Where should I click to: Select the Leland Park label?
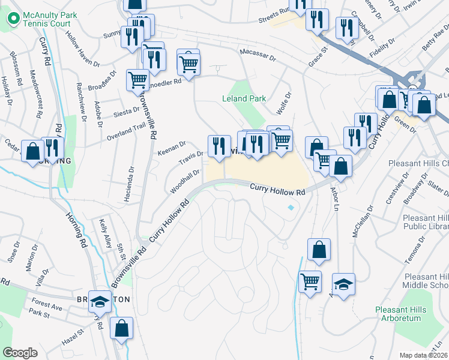coord(243,98)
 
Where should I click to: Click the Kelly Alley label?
coord(106,230)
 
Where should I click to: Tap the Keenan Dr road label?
coord(172,146)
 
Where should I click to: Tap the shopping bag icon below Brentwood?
coord(121,328)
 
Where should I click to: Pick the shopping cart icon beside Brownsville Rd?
coord(138,80)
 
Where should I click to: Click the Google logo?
coord(20,353)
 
